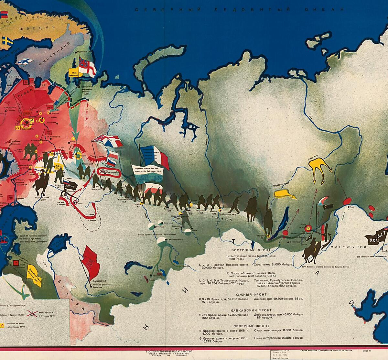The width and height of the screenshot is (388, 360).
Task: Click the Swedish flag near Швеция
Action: pyautogui.click(x=6, y=41)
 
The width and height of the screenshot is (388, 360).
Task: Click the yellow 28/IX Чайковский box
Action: pyautogui.click(x=72, y=71)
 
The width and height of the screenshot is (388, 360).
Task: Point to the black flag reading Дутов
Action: pyautogui.click(x=70, y=186)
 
